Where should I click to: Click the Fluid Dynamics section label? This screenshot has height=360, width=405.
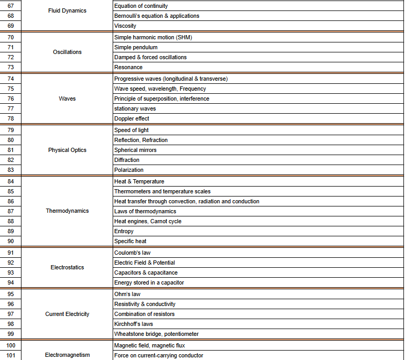coord(67,10)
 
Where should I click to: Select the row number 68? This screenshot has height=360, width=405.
coord(10,16)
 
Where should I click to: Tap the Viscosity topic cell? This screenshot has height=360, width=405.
coord(125,26)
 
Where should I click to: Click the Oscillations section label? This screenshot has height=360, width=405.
coord(67,52)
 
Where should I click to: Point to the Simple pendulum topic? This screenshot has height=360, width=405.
coord(136,47)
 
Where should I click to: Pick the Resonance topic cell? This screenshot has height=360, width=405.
coord(128,67)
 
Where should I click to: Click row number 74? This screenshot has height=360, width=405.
coord(10,79)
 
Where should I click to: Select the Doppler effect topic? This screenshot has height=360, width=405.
coord(132,118)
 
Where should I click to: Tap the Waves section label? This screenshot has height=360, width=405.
coord(67,99)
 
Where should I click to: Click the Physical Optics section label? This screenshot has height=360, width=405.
coord(67,150)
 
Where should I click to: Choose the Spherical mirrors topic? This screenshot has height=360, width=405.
coord(135,150)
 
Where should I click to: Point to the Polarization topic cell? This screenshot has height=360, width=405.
coord(129,170)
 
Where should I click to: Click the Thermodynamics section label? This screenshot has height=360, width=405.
coord(67,211)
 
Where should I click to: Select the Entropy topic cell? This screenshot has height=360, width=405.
coord(124,231)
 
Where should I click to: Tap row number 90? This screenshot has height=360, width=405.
coord(10,241)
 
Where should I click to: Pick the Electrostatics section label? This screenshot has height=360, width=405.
coord(67,267)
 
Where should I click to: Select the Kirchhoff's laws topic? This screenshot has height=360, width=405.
coord(134,324)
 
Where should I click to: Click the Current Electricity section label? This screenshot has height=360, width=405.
coord(67,314)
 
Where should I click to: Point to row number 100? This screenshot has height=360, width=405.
coord(10,345)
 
